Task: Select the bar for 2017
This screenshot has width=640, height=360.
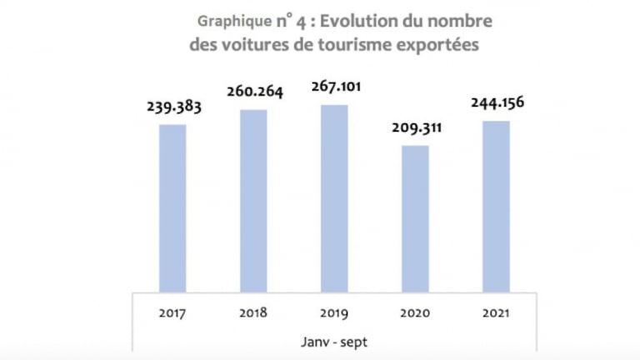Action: pos(172,208)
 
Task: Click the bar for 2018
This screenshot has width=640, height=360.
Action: pos(253,200)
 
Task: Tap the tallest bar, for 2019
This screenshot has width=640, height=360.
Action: pos(334,198)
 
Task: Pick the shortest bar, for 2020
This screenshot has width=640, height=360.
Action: pos(415,218)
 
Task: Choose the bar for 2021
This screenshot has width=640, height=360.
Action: pos(496,207)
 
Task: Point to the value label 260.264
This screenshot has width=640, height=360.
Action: pos(253,91)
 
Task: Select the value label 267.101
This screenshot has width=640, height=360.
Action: pos(334,87)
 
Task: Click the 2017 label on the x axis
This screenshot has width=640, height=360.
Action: pos(172,314)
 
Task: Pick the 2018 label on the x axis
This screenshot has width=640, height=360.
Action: pos(253,314)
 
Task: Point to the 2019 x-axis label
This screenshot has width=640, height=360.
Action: pos(334,314)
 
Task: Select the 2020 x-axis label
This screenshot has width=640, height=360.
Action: pos(415,314)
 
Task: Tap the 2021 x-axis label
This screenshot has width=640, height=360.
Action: pos(496,314)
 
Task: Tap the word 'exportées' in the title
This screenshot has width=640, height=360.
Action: pos(441,46)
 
